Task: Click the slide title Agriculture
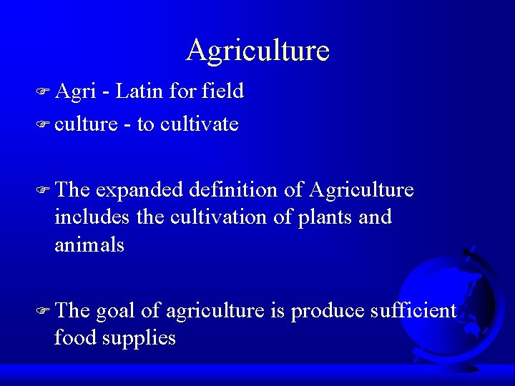[x=257, y=50]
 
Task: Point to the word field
[x=223, y=91]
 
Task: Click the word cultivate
[x=200, y=124]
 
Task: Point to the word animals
[x=89, y=245]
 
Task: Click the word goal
[x=116, y=312]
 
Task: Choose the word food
[x=74, y=337]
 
